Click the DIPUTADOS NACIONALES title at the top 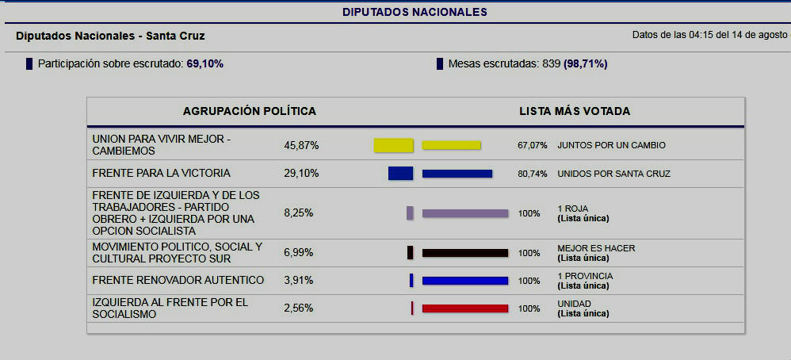415,12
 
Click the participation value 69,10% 204,63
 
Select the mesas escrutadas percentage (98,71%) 586,63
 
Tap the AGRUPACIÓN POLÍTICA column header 250,111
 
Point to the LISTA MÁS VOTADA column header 575,111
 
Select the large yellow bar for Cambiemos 394,145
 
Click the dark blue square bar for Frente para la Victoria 400,173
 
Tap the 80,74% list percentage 533,174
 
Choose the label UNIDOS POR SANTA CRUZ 613,174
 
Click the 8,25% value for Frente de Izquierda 299,213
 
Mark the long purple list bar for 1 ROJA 465,213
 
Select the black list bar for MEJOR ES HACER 465,253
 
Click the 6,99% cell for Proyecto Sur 299,252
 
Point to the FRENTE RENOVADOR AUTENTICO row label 178,280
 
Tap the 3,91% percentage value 299,280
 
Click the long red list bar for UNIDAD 465,308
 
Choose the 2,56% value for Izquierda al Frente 299,308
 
